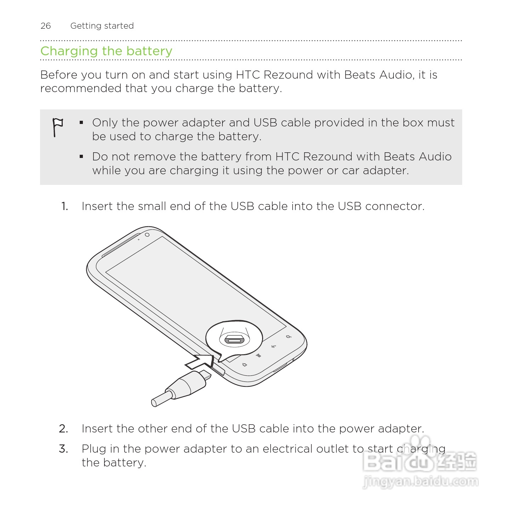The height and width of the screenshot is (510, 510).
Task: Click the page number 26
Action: click(46, 26)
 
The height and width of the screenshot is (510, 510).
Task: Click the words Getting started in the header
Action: click(102, 26)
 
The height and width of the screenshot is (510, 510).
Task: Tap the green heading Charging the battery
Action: click(106, 51)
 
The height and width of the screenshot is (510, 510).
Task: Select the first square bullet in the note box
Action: click(81, 123)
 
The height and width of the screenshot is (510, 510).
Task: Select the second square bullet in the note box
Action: click(81, 157)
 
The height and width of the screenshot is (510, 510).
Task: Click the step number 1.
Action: click(64, 206)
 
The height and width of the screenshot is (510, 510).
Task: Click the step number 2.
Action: click(63, 429)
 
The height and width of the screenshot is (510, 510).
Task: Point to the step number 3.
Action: click(63, 449)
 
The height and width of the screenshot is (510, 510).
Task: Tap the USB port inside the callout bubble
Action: click(234, 340)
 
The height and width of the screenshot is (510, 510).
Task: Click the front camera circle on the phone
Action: click(147, 235)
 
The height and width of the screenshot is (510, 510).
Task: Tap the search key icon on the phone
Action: click(289, 336)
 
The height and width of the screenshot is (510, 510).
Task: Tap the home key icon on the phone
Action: click(244, 364)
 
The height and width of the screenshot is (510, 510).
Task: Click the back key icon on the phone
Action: click(273, 346)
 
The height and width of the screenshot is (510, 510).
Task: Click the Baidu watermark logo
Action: click(420, 460)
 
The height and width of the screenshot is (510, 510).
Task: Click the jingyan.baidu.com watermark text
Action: click(420, 482)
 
